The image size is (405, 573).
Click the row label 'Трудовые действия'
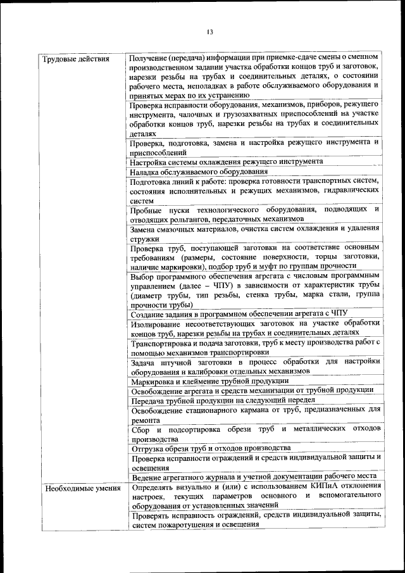[75, 59]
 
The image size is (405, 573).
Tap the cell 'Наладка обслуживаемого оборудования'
[199, 171]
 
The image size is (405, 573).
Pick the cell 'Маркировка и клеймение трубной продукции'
[209, 381]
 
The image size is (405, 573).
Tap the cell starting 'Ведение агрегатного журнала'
[254, 476]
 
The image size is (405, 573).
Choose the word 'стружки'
[144, 239]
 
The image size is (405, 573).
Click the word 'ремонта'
[145, 419]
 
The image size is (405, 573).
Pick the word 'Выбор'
[142, 277]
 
